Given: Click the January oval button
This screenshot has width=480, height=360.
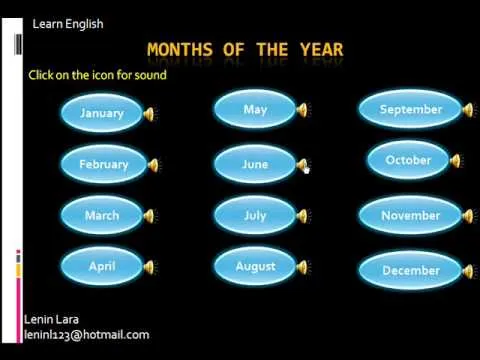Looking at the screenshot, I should tap(102, 113).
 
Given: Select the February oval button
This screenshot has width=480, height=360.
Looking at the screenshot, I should tap(104, 164).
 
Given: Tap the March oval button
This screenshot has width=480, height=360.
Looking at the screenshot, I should tap(102, 215).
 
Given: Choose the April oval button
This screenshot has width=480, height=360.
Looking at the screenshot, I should tap(102, 266).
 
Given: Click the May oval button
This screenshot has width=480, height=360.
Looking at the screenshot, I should tap(255, 109).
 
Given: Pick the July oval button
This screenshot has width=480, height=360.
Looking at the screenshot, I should tap(255, 215).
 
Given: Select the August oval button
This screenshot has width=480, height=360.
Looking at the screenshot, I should tap(255, 266).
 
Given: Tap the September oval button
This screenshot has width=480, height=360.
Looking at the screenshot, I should tap(411, 109).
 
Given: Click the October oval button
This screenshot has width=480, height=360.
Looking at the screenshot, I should tap(408, 160).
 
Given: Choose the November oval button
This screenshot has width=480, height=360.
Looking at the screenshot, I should tap(411, 215).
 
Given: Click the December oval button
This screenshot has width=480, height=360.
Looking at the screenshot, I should tap(411, 270).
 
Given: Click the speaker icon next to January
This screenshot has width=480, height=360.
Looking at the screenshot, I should tap(150, 114).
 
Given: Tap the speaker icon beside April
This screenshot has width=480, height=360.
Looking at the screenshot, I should tap(150, 267).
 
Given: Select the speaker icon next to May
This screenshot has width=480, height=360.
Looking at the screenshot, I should tap(302, 110).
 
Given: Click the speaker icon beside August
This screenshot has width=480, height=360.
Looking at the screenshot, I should tap(302, 267).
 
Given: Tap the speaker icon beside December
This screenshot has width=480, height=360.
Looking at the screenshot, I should tap(463, 271).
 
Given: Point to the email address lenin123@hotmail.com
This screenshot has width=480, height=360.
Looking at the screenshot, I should tap(87, 335).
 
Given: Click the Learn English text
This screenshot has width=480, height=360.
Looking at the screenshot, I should tap(67, 24).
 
